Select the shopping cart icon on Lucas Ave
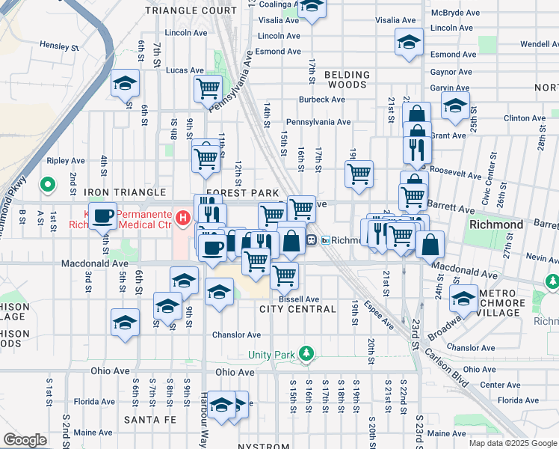point(208,88)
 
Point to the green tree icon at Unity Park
point(305,353)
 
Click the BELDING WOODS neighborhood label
point(347,79)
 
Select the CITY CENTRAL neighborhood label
point(297,309)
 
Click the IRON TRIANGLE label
point(125,192)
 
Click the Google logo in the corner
point(25,440)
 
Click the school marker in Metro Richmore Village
point(464,299)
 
